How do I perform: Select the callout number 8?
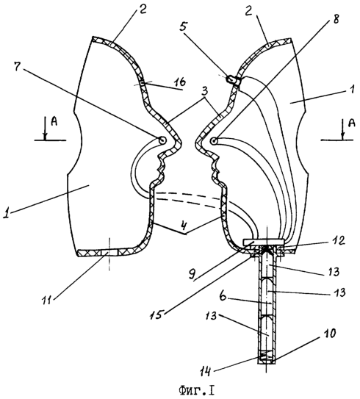pyautogui.click(x=336, y=18)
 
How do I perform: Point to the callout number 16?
pyautogui.click(x=179, y=82)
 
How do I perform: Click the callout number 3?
pyautogui.click(x=204, y=92)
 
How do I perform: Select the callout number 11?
pyautogui.click(x=47, y=299)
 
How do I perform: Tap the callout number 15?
pyautogui.click(x=157, y=314)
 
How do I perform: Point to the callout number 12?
pyautogui.click(x=339, y=240)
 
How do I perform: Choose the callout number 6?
pyautogui.click(x=223, y=297)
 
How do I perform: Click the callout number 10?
pyautogui.click(x=329, y=333)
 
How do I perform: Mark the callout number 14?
pyautogui.click(x=205, y=372)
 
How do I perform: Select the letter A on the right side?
pyautogui.click(x=351, y=123)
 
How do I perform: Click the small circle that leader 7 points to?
pyautogui.click(x=162, y=140)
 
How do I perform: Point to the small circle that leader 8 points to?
pyautogui.click(x=215, y=140)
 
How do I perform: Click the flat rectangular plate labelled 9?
pyautogui.click(x=263, y=242)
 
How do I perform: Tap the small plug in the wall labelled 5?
pyautogui.click(x=233, y=79)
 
